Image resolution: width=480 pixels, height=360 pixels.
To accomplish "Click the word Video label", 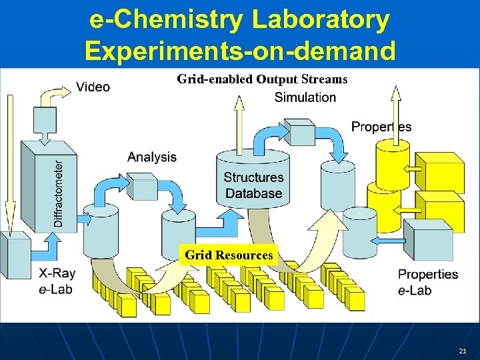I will pyautogui.click(x=93, y=87).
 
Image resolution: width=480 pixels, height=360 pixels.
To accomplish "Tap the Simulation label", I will pyautogui.click(x=305, y=97).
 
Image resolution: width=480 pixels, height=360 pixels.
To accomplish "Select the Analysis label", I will pyautogui.click(x=152, y=157).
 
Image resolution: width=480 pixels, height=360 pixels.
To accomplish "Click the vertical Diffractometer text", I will pyautogui.click(x=59, y=193).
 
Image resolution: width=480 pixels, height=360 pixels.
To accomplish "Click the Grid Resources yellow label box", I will pyautogui.click(x=229, y=255).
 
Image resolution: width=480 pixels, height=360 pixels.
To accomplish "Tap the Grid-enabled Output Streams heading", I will pyautogui.click(x=262, y=79).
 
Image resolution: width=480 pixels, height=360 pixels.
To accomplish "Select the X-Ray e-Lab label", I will pyautogui.click(x=57, y=281).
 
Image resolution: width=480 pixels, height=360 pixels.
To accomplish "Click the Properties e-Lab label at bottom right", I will pyautogui.click(x=427, y=282).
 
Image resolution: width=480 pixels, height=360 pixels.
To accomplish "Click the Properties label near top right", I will pyautogui.click(x=381, y=127).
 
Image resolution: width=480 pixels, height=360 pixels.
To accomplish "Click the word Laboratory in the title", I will pyautogui.click(x=320, y=19).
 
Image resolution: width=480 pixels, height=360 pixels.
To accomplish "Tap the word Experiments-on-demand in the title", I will pyautogui.click(x=240, y=50).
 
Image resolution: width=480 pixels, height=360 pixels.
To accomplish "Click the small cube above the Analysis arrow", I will pyautogui.click(x=141, y=185).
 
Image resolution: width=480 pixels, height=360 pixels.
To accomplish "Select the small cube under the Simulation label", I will pyautogui.click(x=298, y=132).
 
